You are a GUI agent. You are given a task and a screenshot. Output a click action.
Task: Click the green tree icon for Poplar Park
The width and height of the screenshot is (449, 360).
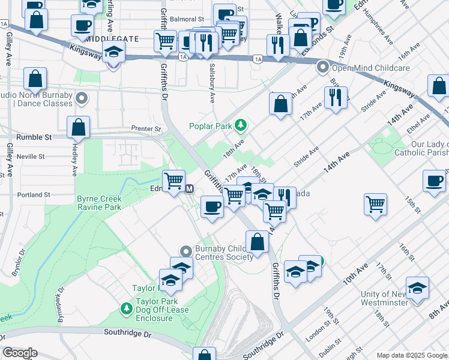click(x=241, y=125)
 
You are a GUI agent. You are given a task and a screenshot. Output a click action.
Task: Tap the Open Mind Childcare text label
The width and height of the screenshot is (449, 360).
click(x=371, y=68)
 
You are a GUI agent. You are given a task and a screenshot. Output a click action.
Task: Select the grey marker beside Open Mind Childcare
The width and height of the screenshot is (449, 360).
click(x=323, y=67)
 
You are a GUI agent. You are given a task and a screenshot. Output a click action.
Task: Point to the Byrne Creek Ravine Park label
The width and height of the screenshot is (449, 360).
click(x=99, y=203)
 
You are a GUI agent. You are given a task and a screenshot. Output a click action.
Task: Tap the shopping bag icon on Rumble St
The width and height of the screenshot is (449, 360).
click(x=78, y=127)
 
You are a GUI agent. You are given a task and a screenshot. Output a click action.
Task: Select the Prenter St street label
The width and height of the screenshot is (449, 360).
click(x=146, y=128)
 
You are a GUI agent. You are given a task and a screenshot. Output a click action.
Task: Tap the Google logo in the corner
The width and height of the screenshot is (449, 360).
click(x=20, y=353)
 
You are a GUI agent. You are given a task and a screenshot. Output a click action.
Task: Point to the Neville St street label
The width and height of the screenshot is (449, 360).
click(x=31, y=157)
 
